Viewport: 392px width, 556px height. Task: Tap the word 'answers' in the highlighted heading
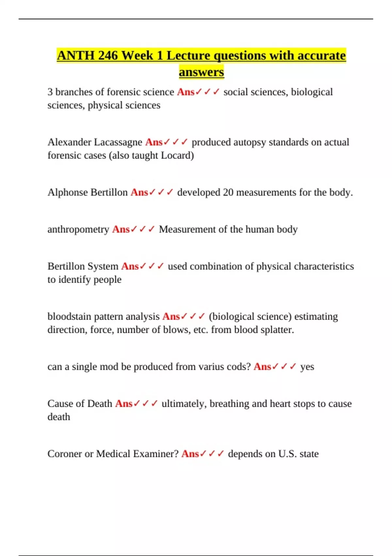(201, 72)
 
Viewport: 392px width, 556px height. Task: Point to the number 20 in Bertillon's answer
(228, 192)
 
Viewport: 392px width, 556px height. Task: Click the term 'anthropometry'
(78, 230)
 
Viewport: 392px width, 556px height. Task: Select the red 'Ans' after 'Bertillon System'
(130, 267)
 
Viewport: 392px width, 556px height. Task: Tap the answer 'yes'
(307, 367)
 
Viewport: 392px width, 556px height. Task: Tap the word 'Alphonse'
(68, 192)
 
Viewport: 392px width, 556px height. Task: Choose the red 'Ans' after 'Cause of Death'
(124, 404)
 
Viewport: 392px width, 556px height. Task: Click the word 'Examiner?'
(158, 454)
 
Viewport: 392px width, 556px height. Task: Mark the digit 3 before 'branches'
(50, 92)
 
